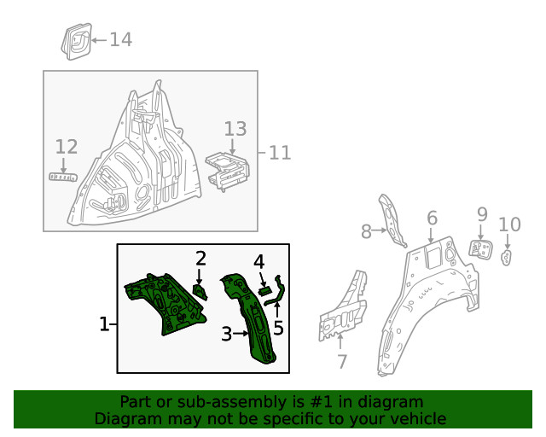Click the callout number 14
point(120,39)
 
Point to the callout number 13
point(235,129)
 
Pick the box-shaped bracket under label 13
point(228,166)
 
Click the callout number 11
point(280,153)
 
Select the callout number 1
point(104,324)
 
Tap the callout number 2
point(201,258)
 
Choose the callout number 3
point(226,335)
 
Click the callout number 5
point(278,328)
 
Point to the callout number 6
point(432,218)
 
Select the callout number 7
point(342,362)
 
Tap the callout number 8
point(366,230)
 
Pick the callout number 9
point(482,214)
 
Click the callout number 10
point(509,224)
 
